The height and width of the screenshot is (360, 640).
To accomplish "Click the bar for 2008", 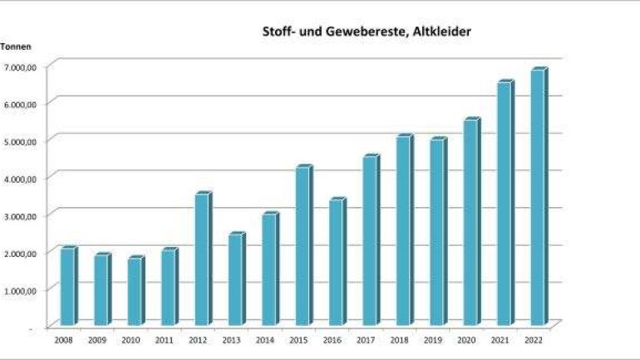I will (x=67, y=287).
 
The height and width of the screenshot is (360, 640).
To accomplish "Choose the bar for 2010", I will (x=135, y=292).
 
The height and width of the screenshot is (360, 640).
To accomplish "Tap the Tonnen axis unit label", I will (x=16, y=47).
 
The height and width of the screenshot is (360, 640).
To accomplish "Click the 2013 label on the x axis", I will (x=230, y=341).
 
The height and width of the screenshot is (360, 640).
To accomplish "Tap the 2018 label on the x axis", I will (x=398, y=341).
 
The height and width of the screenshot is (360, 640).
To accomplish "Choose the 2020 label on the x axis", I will (x=465, y=341).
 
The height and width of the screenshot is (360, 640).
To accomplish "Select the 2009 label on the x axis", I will (x=96, y=341).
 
